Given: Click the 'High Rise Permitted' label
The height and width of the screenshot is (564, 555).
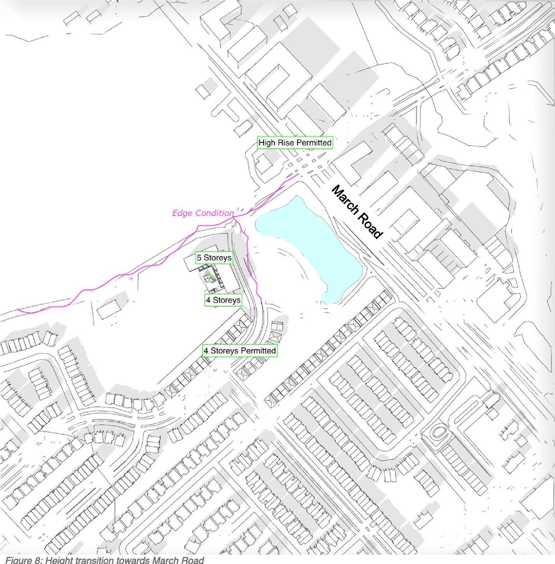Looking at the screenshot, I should pyautogui.click(x=295, y=143).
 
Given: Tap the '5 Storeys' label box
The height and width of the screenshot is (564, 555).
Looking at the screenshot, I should pyautogui.click(x=214, y=258).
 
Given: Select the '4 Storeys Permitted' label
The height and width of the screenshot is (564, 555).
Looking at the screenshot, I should pyautogui.click(x=240, y=351).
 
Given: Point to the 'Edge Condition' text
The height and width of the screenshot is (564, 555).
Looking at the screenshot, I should pyautogui.click(x=202, y=213).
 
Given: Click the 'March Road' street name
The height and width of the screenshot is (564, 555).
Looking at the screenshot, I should pyautogui.click(x=357, y=212).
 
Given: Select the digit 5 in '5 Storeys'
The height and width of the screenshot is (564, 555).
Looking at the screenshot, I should pyautogui.click(x=199, y=258).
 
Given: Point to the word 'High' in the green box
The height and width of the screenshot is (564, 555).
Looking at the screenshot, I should pyautogui.click(x=266, y=143).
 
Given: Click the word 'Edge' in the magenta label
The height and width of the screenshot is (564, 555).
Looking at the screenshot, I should pyautogui.click(x=182, y=213).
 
